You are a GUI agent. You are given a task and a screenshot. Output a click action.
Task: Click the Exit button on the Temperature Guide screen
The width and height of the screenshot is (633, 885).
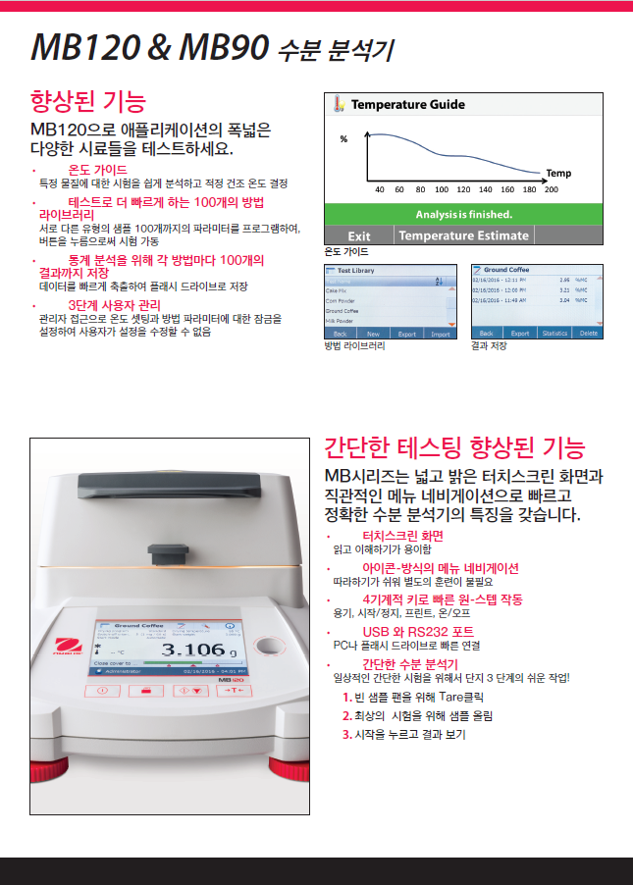pos(358,235)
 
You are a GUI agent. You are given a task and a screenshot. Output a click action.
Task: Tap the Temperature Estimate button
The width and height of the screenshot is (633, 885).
pos(463,235)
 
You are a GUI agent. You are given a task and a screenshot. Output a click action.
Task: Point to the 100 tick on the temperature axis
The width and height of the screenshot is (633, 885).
pos(442,189)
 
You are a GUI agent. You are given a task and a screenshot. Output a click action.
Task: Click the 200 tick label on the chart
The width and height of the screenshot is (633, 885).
pos(551,189)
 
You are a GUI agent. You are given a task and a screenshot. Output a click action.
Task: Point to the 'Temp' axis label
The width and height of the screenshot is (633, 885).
pos(557,173)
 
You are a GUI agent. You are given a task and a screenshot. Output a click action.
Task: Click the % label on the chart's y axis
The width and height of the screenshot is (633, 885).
pos(343,139)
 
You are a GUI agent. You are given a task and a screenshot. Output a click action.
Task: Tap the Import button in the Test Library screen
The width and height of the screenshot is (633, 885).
pos(441,334)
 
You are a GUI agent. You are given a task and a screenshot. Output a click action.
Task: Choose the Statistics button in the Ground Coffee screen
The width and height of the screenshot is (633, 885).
pos(554,334)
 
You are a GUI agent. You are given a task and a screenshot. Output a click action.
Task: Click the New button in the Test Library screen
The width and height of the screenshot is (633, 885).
pos(373,334)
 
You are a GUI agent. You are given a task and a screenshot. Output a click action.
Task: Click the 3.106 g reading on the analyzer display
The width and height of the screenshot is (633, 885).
pos(193,650)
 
